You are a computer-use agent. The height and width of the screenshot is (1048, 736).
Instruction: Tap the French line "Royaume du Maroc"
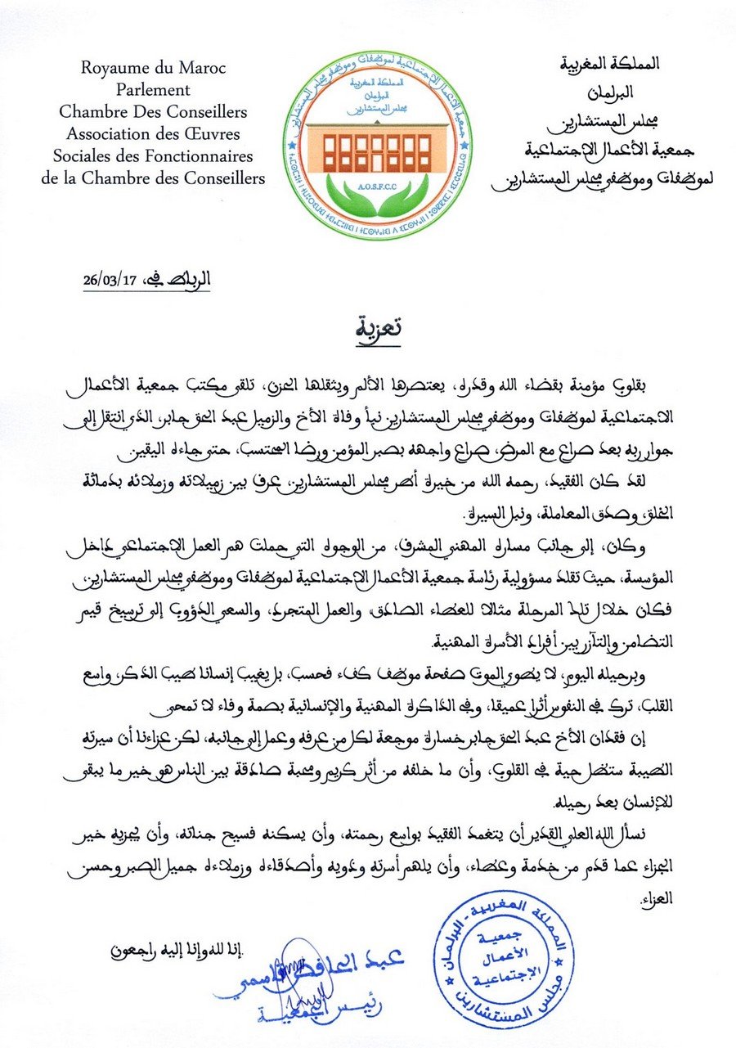tap(153, 68)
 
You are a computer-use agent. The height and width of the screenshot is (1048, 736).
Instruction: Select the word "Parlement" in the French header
tap(153, 90)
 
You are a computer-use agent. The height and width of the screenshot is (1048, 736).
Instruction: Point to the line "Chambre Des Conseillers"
tap(153, 112)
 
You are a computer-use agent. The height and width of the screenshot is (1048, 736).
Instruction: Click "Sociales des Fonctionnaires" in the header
tap(153, 156)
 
